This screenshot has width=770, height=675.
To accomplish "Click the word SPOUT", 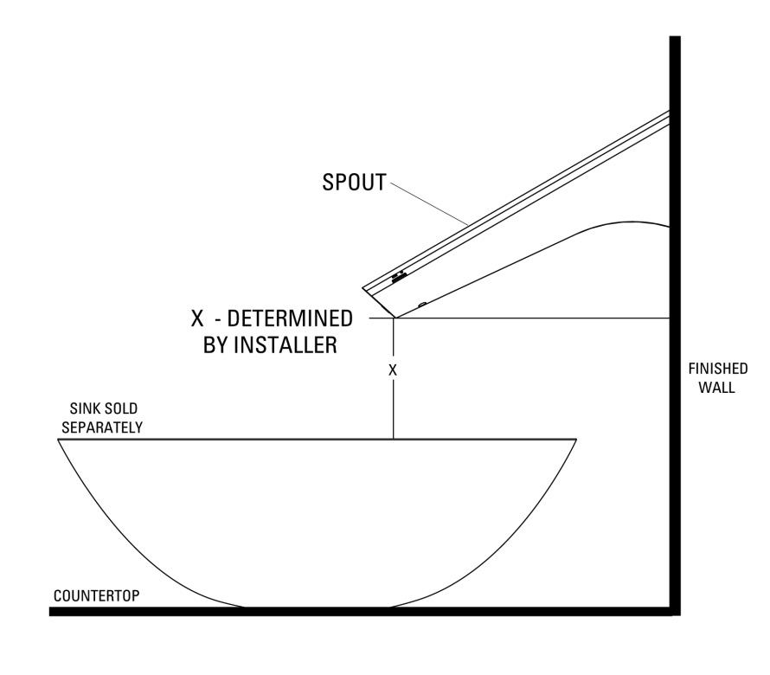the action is coord(354,183).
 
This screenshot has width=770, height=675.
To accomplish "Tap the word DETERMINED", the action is coord(290,318).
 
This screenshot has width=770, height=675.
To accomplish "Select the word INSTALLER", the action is coord(286,345).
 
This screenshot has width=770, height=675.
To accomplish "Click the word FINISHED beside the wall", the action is coord(717,369).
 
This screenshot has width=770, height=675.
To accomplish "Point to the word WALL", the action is coord(717,388).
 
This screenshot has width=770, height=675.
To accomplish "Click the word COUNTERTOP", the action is coord(97,596).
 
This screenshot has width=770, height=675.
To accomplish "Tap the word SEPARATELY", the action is coord(102,427).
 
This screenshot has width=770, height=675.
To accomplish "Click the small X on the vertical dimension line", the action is coord(393,370).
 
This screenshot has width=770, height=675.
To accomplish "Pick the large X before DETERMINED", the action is coord(197,318).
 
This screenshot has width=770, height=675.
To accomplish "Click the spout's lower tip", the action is coord(395,318).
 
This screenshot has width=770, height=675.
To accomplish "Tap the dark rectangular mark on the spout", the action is coord(399,278).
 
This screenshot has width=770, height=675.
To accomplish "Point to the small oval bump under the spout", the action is coord(422,304).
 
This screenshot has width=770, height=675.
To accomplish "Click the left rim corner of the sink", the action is coord(59,440).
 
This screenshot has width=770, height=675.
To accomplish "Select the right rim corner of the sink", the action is coord(576,440).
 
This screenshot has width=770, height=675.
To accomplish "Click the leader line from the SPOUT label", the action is coord(429,203).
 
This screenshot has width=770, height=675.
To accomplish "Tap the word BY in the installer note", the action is coord(214,345).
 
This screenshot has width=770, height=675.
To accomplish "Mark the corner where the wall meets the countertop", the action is coord(675,611).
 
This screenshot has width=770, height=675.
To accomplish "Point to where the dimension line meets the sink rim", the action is coord(394,439).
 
